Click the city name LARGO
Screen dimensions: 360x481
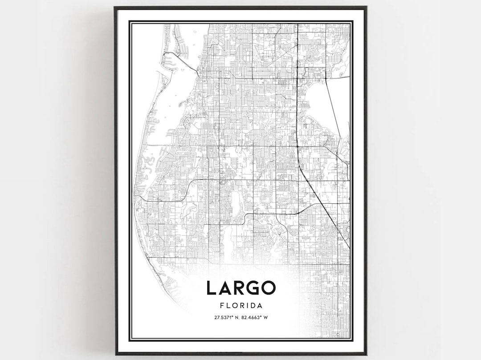coord(240,288)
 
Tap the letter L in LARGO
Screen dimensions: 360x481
coord(211,288)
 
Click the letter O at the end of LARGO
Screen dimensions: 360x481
coord(268,288)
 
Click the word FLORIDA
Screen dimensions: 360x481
coord(240,306)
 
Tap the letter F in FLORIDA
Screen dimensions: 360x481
coord(221,306)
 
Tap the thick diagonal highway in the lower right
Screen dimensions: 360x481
coord(327,209)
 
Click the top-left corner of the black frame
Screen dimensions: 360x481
coord(115,8)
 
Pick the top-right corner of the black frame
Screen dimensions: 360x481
coord(366,8)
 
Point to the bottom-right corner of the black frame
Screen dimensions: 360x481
coord(366,354)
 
